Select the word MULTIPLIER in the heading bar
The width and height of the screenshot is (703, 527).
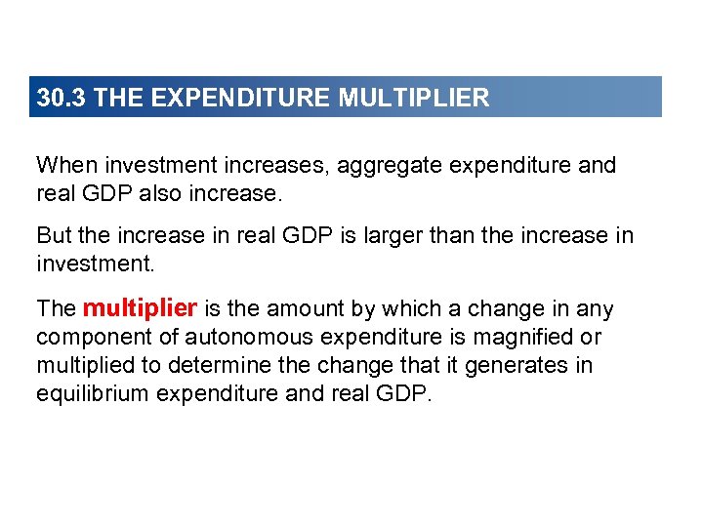click(x=414, y=99)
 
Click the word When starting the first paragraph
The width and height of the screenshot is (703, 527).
click(x=65, y=165)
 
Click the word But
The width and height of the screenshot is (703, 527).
click(x=54, y=235)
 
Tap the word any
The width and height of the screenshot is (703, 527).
click(x=595, y=309)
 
